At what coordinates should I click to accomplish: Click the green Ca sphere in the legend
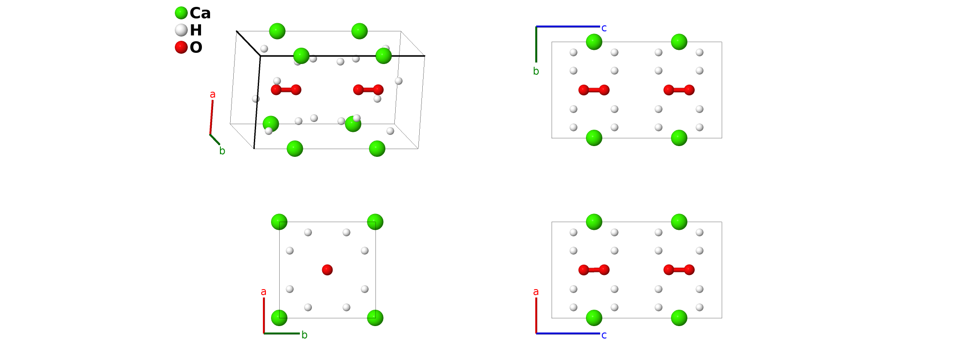[181, 13]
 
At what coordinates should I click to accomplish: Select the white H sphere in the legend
[181, 30]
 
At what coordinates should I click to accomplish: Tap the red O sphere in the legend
[181, 47]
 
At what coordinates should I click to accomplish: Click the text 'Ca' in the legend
[200, 13]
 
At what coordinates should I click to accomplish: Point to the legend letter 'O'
[196, 48]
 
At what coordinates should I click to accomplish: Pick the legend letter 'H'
[196, 31]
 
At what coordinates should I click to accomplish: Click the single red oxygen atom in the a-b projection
[327, 270]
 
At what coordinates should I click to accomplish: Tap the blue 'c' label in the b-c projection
[604, 28]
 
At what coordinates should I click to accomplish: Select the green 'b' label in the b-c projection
[536, 71]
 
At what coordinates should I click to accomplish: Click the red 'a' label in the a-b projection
[264, 292]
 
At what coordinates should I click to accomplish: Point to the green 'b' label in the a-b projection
[305, 335]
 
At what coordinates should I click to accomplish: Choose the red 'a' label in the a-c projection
[536, 292]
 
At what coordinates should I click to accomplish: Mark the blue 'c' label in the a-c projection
[604, 336]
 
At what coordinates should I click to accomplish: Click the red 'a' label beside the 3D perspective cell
[213, 95]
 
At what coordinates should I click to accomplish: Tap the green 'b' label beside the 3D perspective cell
[222, 151]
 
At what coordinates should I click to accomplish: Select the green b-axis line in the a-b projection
[282, 333]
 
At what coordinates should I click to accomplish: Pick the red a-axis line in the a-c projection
[536, 315]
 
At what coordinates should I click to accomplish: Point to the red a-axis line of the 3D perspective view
[211, 117]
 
